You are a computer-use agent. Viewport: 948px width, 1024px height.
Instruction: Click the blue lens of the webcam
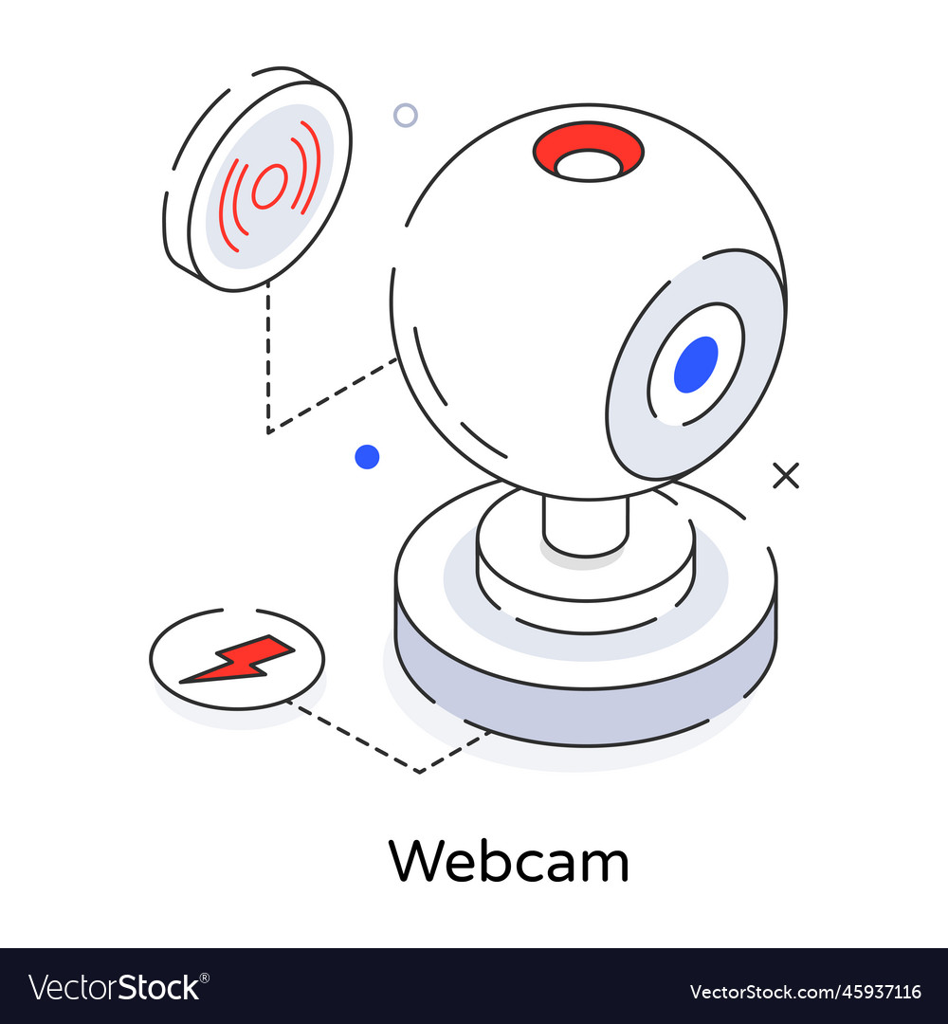(x=696, y=364)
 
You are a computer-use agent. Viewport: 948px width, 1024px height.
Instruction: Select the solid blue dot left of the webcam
(x=367, y=457)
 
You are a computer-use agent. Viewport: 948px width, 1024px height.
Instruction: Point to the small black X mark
(x=785, y=475)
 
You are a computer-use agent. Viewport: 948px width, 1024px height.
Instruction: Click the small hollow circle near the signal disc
(x=405, y=116)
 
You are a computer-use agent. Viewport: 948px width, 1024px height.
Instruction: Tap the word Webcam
(x=509, y=862)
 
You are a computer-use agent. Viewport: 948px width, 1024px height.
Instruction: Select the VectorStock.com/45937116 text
(x=805, y=992)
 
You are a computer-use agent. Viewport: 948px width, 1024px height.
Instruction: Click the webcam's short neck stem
(x=585, y=525)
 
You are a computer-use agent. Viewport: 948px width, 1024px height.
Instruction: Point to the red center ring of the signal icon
(x=269, y=185)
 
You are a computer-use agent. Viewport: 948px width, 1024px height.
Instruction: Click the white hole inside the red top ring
(x=589, y=166)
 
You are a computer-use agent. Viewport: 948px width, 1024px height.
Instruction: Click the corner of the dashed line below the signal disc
(x=269, y=432)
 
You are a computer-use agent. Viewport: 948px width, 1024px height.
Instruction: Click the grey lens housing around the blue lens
(x=635, y=417)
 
